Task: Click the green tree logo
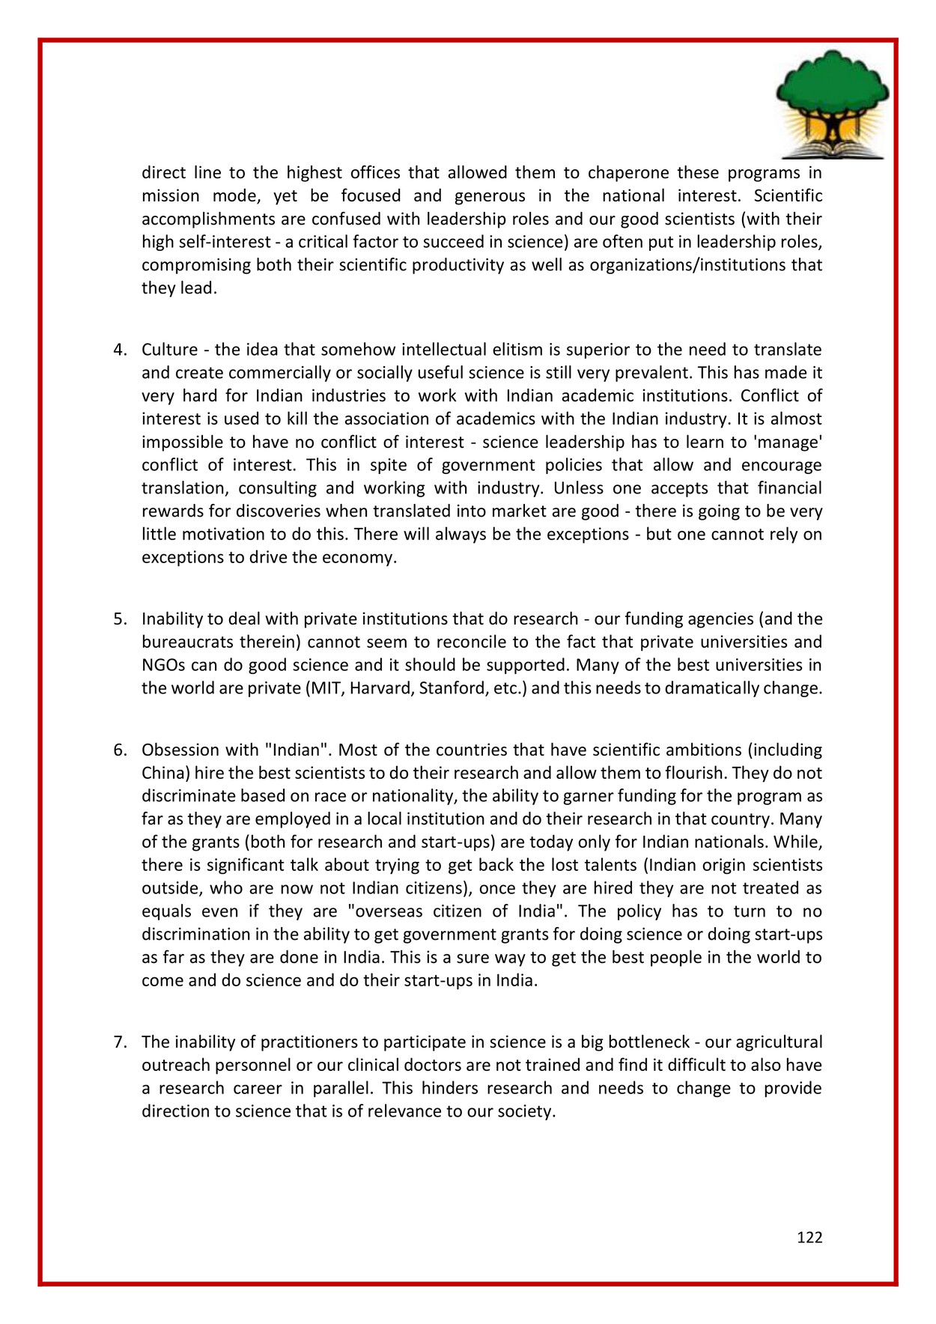coord(833,103)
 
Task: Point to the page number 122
coord(809,1237)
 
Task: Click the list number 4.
coord(121,350)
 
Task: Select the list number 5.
coord(121,619)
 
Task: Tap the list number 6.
coord(121,750)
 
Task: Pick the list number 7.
coord(121,1042)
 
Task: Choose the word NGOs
coord(163,664)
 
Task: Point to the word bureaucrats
coord(186,642)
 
